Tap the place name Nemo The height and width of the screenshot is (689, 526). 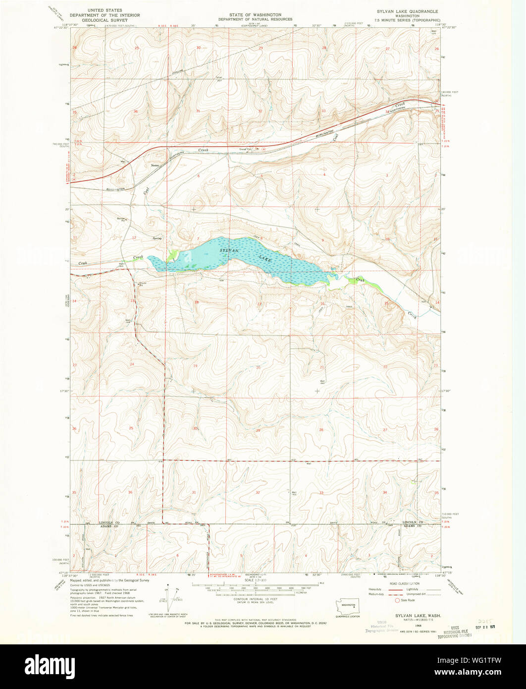155,166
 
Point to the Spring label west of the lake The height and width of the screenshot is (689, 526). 157,238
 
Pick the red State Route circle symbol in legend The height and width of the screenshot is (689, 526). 397,600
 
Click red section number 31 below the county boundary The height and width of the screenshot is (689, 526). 194,492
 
